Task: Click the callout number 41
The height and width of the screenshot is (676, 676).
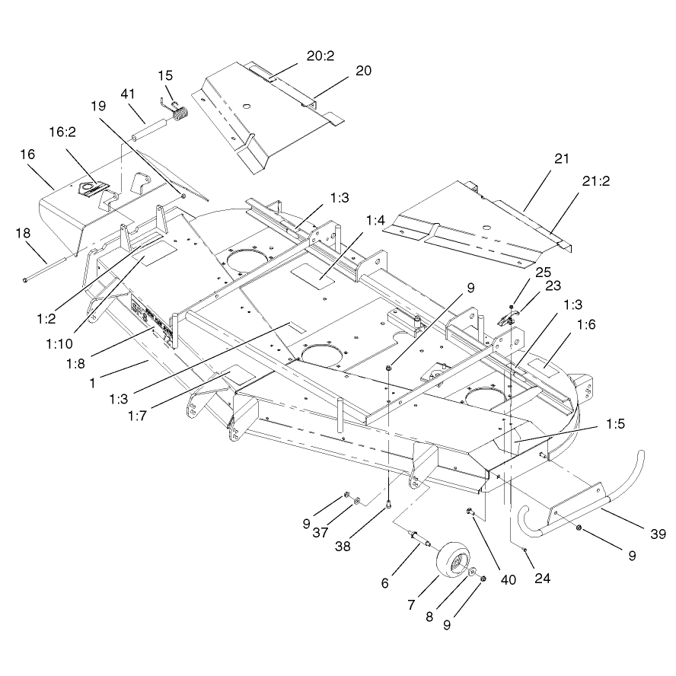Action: coord(128,94)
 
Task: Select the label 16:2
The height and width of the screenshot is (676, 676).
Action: coord(62,132)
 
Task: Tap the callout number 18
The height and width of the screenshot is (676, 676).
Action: coord(23,233)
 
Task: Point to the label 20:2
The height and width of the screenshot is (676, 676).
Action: coord(320,56)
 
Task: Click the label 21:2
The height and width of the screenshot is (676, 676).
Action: coord(596,181)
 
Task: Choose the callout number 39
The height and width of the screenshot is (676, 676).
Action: coord(658,534)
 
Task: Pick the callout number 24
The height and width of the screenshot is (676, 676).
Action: coord(542,578)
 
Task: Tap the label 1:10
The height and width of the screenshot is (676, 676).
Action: coord(59,343)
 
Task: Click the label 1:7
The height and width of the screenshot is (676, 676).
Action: coord(137,416)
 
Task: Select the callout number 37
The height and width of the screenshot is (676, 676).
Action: coord(320,533)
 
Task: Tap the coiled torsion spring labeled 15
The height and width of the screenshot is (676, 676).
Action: coord(180,114)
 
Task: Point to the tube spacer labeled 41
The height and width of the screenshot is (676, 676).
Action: coord(148,129)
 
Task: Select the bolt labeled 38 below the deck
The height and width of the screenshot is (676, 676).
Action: coord(389,503)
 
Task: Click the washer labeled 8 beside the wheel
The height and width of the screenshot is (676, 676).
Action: coord(473,571)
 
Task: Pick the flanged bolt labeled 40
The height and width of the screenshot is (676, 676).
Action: coord(470,512)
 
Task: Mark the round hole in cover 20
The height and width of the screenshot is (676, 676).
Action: coord(246,106)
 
